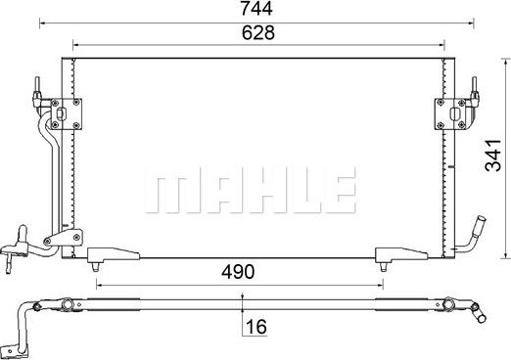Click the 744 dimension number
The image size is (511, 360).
pyautogui.click(x=256, y=9)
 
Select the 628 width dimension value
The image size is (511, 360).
pyautogui.click(x=258, y=32)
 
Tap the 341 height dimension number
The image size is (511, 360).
pyautogui.click(x=492, y=156)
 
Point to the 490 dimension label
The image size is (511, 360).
pyautogui.click(x=238, y=272)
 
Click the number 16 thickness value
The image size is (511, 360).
pyautogui.click(x=256, y=327)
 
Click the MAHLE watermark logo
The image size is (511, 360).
pyautogui.click(x=250, y=190)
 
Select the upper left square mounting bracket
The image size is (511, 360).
pyautogui.click(x=66, y=114)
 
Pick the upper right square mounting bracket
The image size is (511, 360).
pyautogui.click(x=451, y=114)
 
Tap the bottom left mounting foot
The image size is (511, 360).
pyautogui.click(x=114, y=254)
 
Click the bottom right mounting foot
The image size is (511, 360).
pyautogui.click(x=401, y=254)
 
